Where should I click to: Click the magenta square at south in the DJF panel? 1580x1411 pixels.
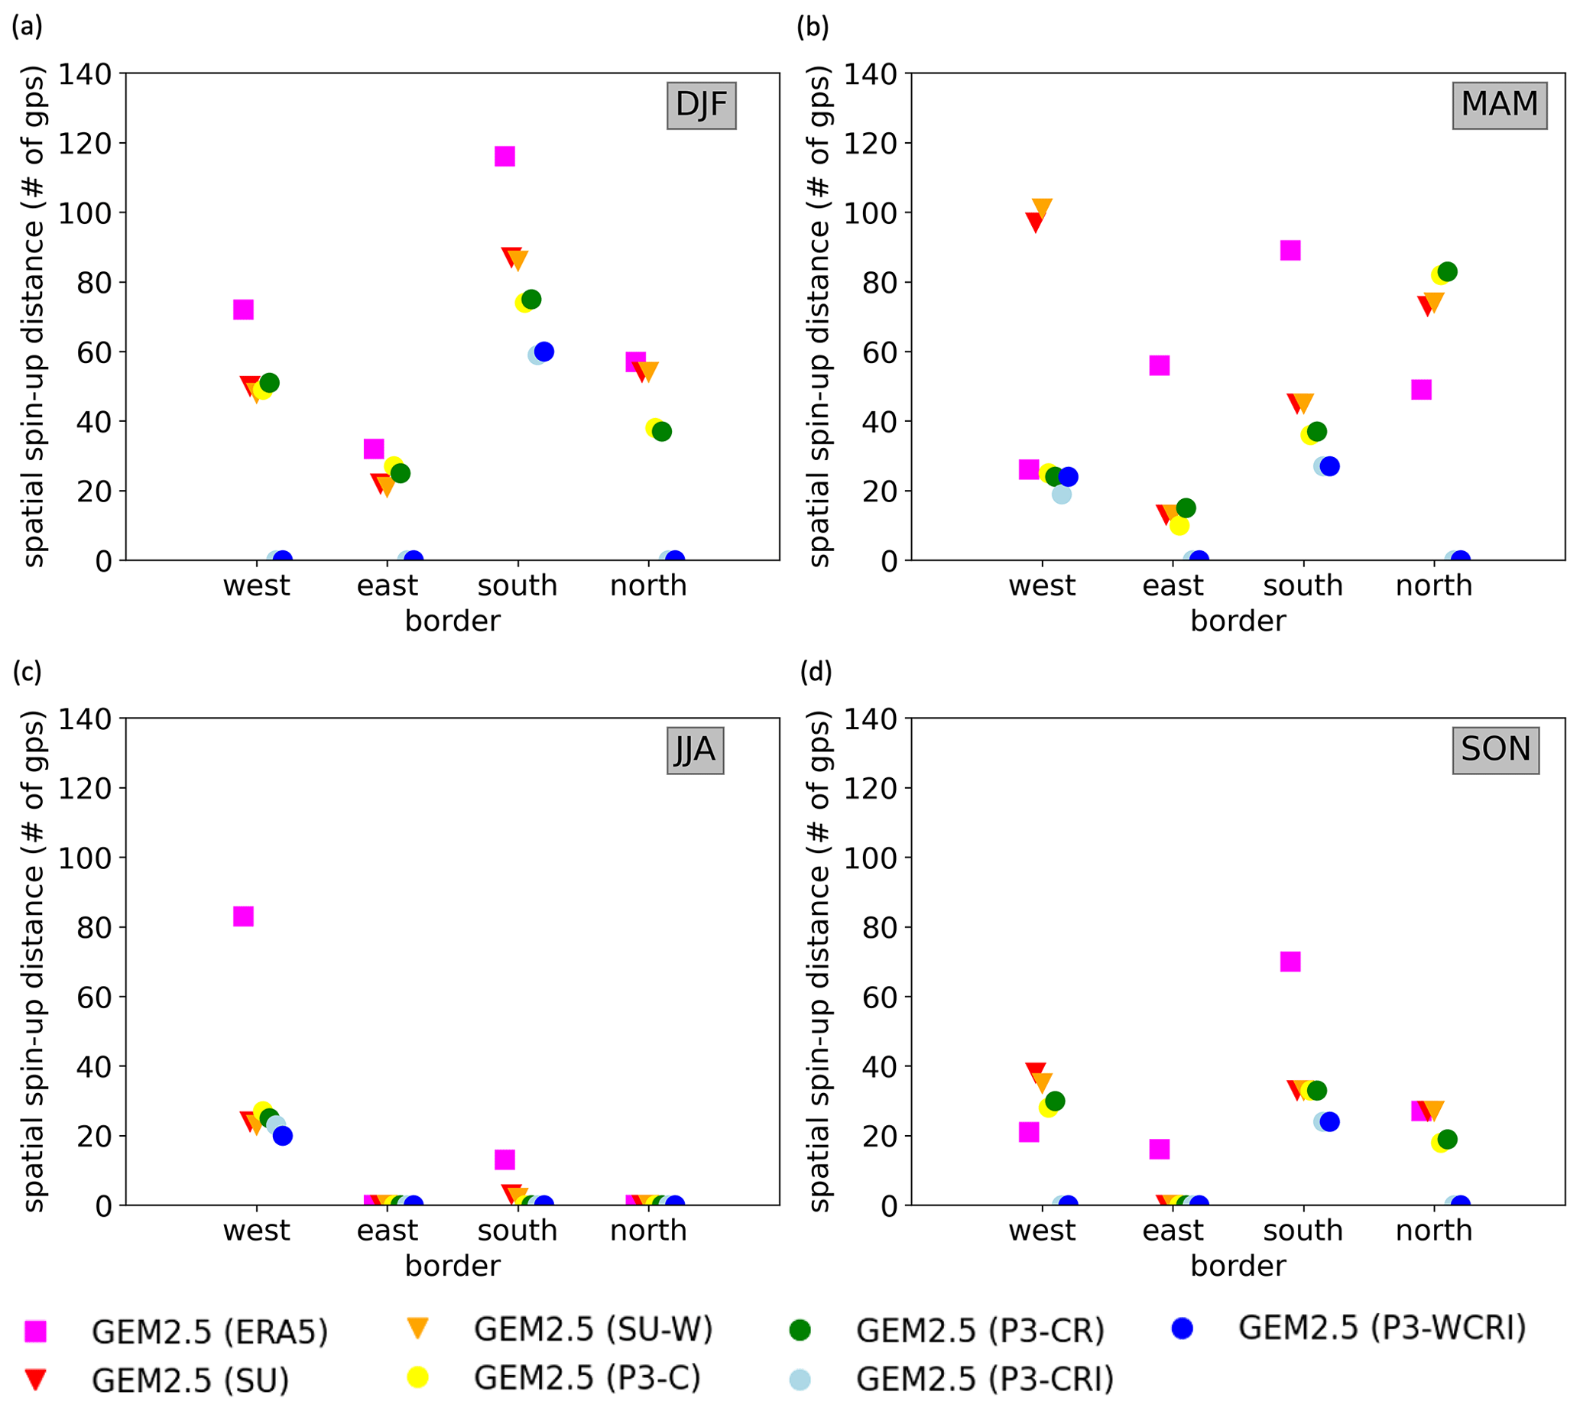point(504,157)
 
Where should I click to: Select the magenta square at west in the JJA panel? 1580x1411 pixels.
point(243,916)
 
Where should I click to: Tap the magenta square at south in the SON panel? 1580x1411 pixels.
point(1290,962)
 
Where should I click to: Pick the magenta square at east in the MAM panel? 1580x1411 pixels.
point(1159,365)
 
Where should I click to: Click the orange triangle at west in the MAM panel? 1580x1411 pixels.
point(1042,209)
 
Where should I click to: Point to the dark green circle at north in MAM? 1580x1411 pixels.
point(1448,272)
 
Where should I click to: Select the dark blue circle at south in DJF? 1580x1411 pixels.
point(544,351)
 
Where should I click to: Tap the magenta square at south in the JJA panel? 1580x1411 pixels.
point(504,1160)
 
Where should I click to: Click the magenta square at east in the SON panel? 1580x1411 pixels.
point(1159,1149)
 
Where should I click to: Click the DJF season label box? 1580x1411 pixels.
point(701,105)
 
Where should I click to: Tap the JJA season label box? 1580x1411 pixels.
point(695,751)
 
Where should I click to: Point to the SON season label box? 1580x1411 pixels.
point(1495,751)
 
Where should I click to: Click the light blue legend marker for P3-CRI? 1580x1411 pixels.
point(800,1379)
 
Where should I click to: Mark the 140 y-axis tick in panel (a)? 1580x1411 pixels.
point(86,74)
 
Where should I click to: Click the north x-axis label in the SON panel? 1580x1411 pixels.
point(1433,1231)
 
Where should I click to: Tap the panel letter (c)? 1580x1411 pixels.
point(27,671)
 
